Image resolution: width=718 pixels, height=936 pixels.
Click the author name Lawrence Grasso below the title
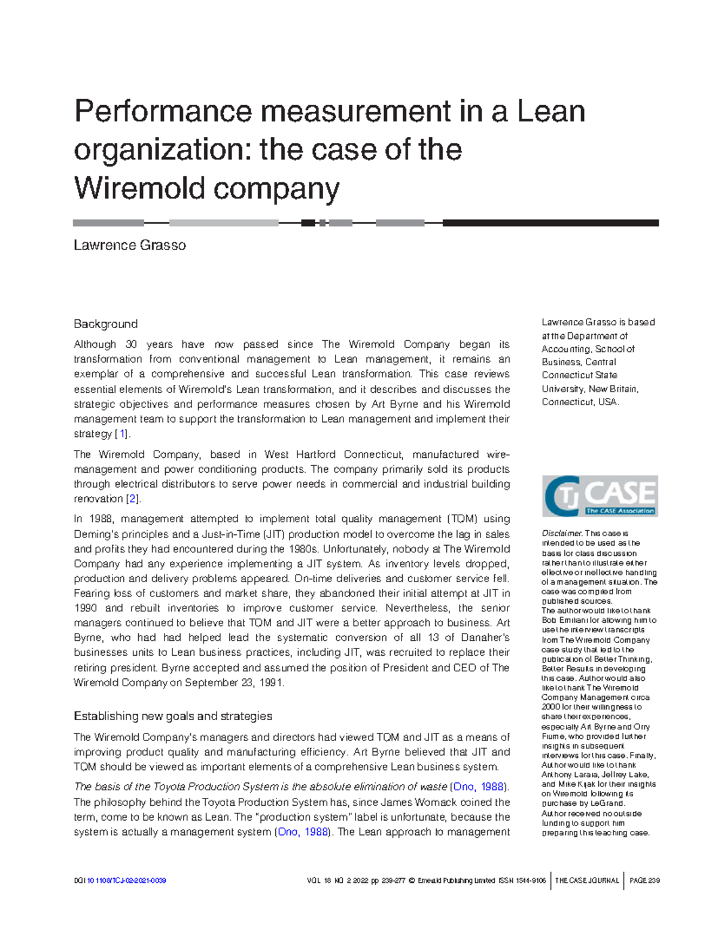tap(129, 246)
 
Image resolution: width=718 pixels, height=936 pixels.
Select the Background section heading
tap(105, 324)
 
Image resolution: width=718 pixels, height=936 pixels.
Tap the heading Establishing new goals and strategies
tap(172, 716)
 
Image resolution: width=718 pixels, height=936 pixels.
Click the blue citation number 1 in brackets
tap(123, 434)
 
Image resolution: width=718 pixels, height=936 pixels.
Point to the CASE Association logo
tap(600, 496)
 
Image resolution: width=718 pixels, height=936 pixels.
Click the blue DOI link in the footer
tap(126, 880)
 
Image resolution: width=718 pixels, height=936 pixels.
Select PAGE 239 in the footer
tap(644, 880)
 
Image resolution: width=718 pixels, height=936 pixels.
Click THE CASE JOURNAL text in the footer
tap(586, 880)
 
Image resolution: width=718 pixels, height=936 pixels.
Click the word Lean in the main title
tap(550, 112)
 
